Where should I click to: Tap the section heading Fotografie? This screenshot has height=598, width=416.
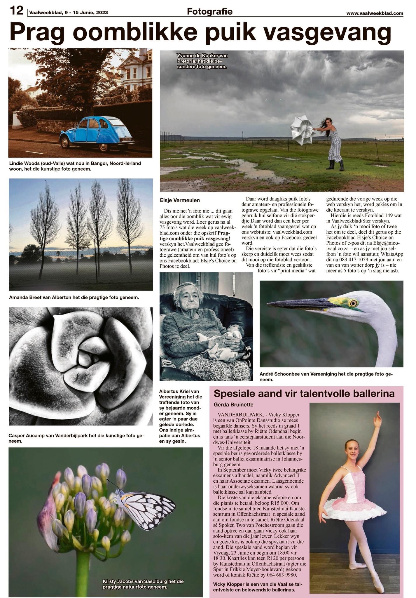click(x=209, y=12)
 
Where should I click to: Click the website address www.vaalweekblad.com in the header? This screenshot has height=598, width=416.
click(x=375, y=13)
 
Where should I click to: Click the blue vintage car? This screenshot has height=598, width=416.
click(x=97, y=133)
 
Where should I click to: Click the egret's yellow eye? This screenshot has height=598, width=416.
click(x=354, y=303)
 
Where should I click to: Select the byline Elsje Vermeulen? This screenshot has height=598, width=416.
click(x=180, y=200)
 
